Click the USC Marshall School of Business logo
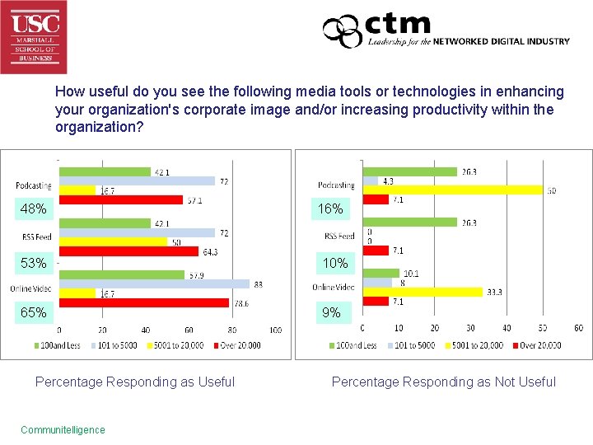(34, 37)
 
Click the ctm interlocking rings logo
(342, 32)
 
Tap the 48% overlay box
(33, 209)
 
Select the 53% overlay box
(33, 264)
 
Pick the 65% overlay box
(33, 313)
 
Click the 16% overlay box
(330, 209)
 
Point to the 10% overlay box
(335, 264)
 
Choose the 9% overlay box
(330, 313)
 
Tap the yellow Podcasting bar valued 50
(453, 190)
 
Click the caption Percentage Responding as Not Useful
(443, 382)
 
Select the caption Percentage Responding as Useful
(135, 382)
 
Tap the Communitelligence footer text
(63, 429)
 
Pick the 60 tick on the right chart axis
(578, 328)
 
